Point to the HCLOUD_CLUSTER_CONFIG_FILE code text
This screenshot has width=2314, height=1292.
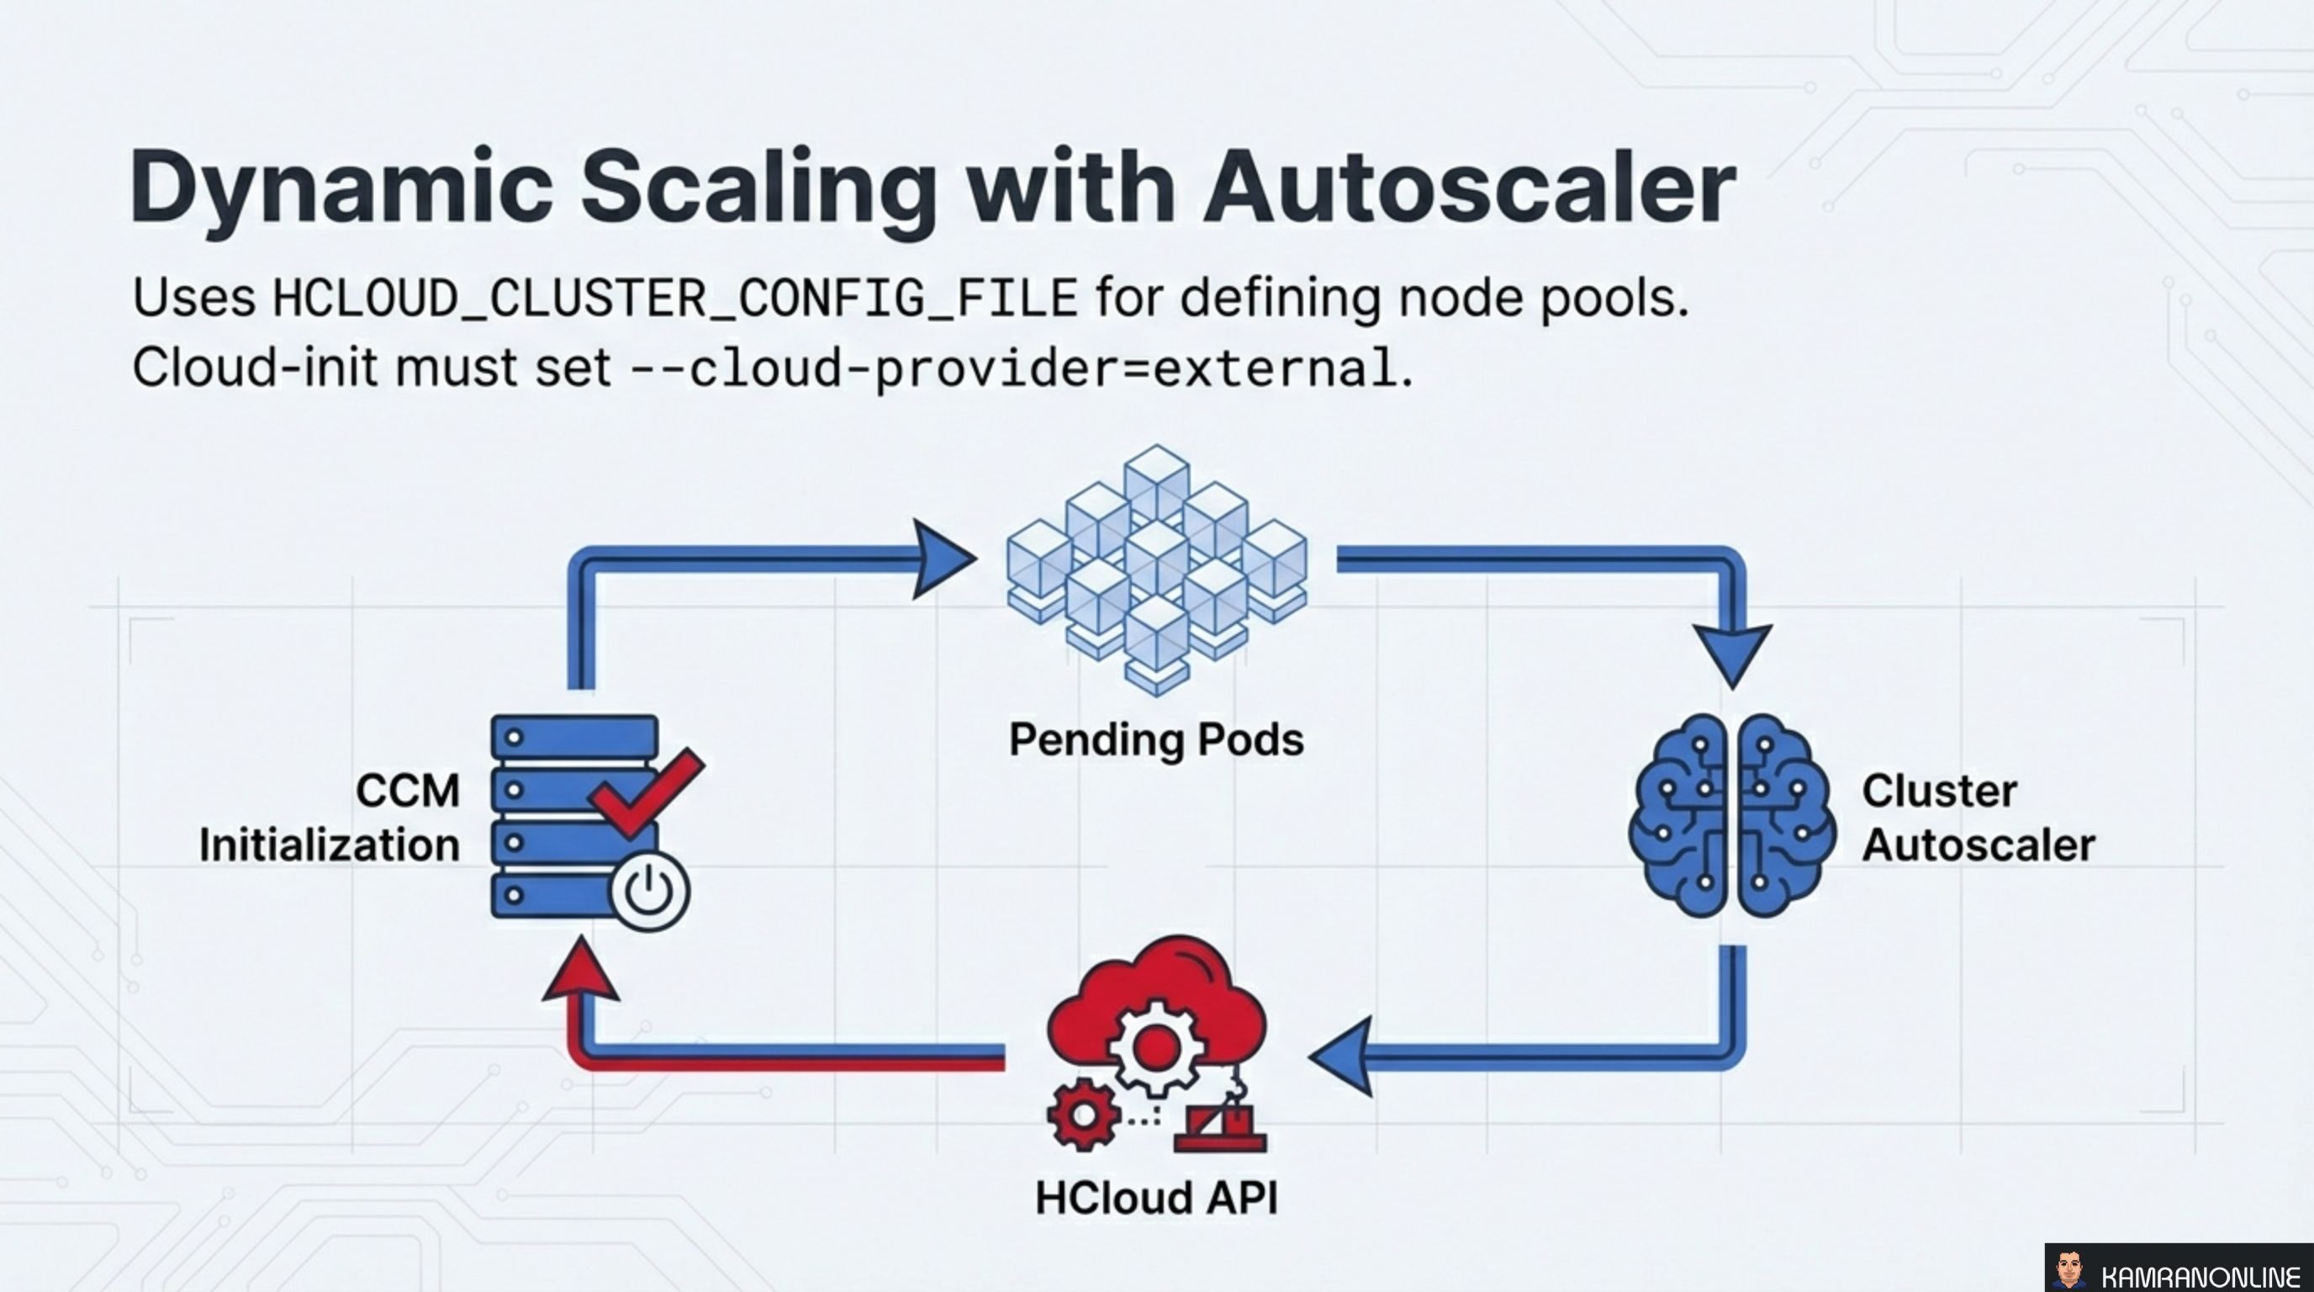674,299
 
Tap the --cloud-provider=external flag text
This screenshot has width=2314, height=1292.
1013,368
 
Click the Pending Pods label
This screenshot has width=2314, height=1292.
1156,740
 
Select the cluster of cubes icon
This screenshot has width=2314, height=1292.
1157,569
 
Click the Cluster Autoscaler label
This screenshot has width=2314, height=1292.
1977,818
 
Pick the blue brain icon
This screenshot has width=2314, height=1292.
1732,816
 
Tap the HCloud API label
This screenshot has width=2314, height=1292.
1156,1198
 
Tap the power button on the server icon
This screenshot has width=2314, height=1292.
649,892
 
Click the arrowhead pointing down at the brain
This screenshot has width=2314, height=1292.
1732,654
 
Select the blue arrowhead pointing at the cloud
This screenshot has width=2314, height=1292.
1343,1056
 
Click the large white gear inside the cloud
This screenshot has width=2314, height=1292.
1155,1047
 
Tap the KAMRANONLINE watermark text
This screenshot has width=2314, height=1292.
2198,1277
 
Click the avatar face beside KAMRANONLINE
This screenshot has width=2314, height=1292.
2069,1269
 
